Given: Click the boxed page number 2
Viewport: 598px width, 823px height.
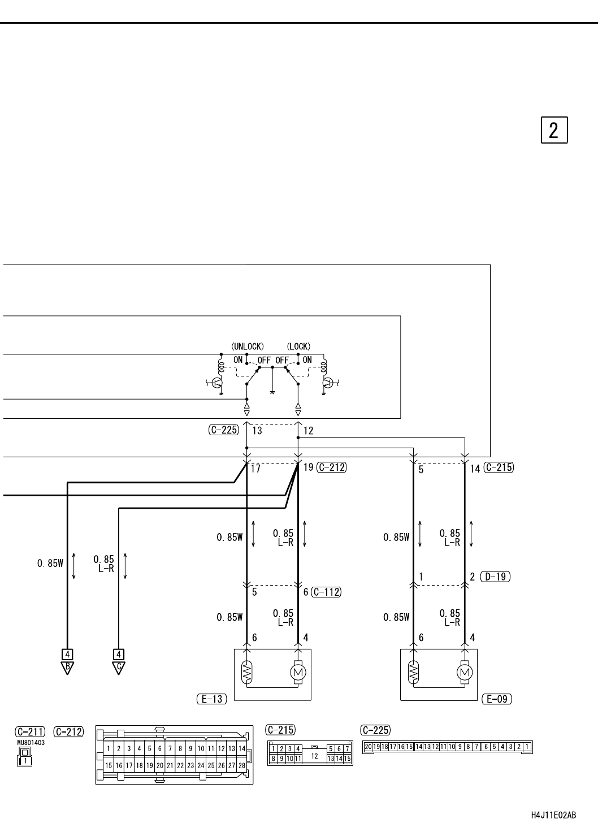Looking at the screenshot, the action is (554, 130).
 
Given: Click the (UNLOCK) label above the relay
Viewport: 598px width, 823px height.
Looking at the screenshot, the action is (248, 346).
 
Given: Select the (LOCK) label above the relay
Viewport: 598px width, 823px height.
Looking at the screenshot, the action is (298, 346).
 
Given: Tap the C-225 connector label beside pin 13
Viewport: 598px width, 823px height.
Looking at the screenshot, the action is (224, 430).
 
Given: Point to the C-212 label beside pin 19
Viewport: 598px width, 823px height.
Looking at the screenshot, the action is (331, 467).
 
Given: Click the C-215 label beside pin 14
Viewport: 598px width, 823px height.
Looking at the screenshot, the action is (499, 467).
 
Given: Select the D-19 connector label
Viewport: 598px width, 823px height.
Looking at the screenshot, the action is (495, 577).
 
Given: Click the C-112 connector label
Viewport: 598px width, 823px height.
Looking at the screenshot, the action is (326, 592).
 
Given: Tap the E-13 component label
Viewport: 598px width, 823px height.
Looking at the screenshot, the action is (212, 699).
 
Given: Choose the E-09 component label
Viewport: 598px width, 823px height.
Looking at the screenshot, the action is (497, 699).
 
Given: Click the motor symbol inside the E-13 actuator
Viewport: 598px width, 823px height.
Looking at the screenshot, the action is (298, 673).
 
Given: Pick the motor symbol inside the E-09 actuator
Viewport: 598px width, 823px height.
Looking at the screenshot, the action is (465, 673).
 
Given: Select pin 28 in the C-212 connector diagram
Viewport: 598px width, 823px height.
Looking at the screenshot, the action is (242, 766).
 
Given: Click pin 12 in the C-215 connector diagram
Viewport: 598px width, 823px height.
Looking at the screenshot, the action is (314, 756).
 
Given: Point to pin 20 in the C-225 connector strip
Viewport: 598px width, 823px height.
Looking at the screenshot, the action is (368, 747).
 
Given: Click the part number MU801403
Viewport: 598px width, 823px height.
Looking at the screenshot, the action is (31, 743).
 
